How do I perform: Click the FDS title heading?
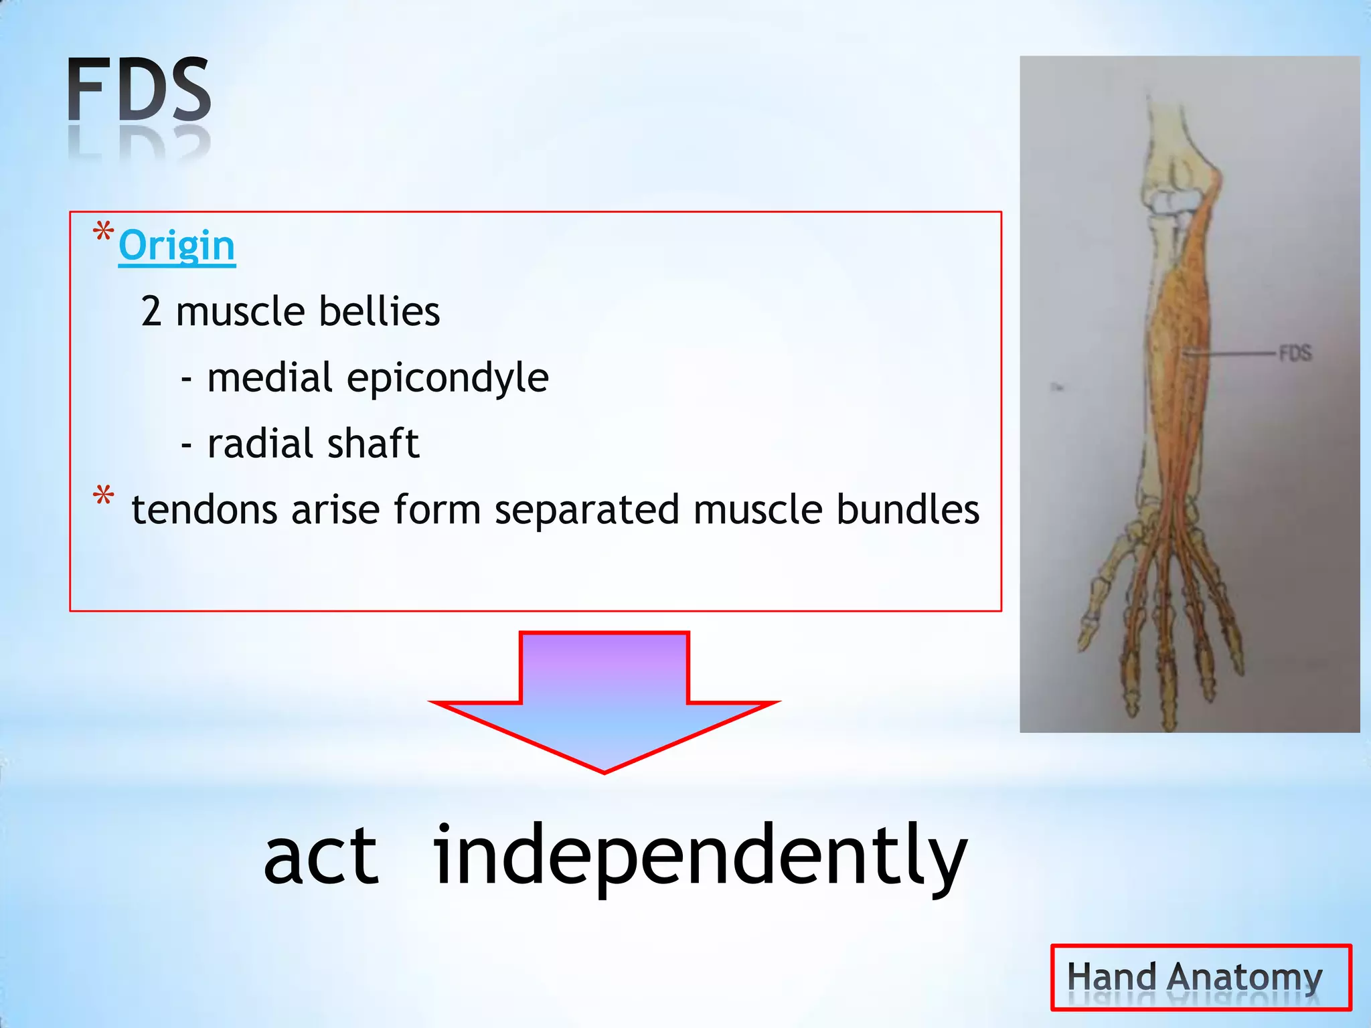[x=139, y=90]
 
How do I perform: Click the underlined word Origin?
[x=177, y=246]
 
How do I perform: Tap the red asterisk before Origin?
[x=103, y=233]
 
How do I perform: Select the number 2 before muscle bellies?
[x=151, y=312]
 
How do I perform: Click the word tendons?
[x=204, y=510]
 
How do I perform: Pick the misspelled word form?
[x=436, y=510]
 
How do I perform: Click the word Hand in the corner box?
[x=1111, y=977]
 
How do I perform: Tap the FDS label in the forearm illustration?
[x=1295, y=353]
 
